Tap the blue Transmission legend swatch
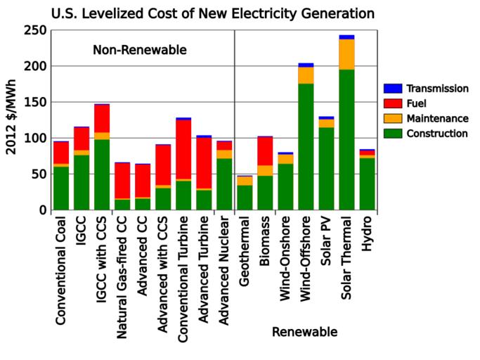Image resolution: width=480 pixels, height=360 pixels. pyautogui.click(x=393, y=89)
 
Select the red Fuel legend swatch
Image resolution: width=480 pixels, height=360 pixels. pyautogui.click(x=393, y=103)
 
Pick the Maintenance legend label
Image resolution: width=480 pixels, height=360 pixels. pyautogui.click(x=441, y=118)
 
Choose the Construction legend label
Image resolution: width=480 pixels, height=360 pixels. pyautogui.click(x=441, y=133)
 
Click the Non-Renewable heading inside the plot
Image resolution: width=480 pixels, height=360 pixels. pyautogui.click(x=139, y=50)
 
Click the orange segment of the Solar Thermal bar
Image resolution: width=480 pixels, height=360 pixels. pyautogui.click(x=346, y=54)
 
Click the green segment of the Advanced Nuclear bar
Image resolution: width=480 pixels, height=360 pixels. pyautogui.click(x=224, y=184)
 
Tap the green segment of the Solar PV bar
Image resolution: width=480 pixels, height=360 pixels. pyautogui.click(x=326, y=168)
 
